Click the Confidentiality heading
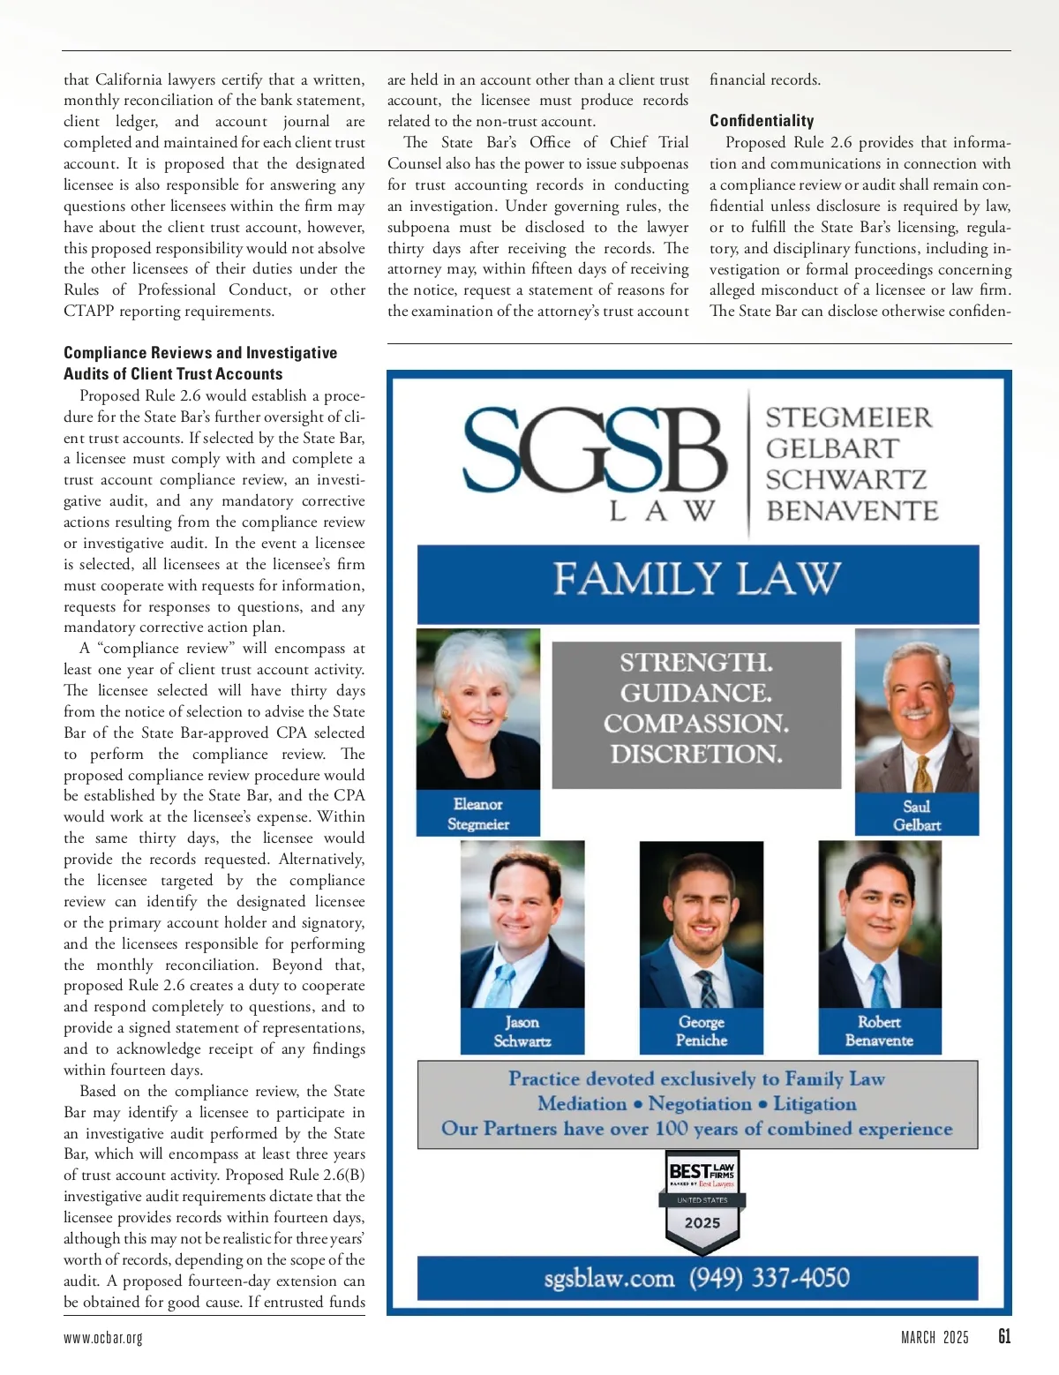click(x=762, y=121)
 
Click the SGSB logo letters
click(x=595, y=453)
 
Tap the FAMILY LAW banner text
click(x=697, y=580)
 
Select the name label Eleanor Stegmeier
click(x=478, y=814)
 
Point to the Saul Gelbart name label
click(x=917, y=815)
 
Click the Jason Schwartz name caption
click(x=522, y=1031)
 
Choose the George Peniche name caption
click(x=702, y=1031)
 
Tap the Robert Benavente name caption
click(x=879, y=1031)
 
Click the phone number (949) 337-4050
click(x=770, y=1278)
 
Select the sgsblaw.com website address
click(x=609, y=1278)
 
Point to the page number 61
click(x=1004, y=1337)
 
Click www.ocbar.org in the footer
click(x=103, y=1338)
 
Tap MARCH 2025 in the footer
click(x=935, y=1338)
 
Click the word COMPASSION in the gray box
click(x=696, y=724)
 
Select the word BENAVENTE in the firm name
click(x=852, y=511)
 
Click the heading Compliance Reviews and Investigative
click(x=200, y=353)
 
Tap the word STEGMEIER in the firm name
click(x=848, y=417)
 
